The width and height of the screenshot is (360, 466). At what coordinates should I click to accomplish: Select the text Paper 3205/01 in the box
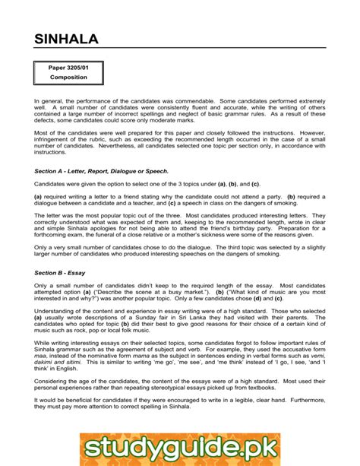pyautogui.click(x=68, y=68)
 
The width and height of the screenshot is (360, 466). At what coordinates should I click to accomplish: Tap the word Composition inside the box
pyautogui.click(x=68, y=78)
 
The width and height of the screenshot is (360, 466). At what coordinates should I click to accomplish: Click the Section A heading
pyautogui.click(x=101, y=172)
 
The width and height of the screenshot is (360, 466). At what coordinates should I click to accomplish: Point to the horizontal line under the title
pyautogui.click(x=180, y=49)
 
